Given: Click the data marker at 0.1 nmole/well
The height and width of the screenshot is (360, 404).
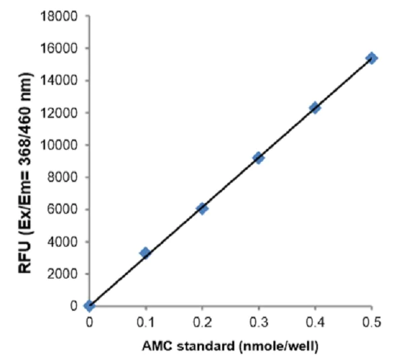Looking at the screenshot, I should [145, 253].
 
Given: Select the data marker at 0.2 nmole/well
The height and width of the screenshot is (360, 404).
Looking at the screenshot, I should [201, 208].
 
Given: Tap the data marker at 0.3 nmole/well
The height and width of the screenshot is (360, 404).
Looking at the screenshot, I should [258, 158].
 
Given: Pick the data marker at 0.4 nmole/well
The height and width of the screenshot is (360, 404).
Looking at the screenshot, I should [314, 107].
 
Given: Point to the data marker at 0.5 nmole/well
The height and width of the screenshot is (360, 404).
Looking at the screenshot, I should [371, 59].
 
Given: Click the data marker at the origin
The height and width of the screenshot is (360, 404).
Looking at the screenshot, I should [89, 305].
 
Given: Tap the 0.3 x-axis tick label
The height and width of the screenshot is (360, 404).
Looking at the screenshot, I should [259, 320].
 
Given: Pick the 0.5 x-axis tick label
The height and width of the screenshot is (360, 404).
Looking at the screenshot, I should [371, 320].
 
